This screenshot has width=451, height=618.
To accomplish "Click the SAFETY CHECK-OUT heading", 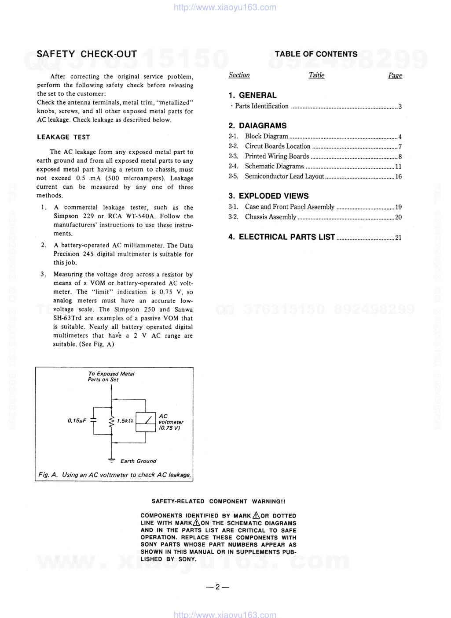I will tap(87, 54).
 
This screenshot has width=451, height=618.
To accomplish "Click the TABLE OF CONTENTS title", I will tap(316, 54).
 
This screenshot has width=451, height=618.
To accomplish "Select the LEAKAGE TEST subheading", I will tap(63, 137).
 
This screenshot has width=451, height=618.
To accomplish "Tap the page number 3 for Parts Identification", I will tap(400, 107).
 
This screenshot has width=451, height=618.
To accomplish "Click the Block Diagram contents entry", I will tap(266, 137).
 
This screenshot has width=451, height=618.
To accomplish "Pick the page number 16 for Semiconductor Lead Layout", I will tap(398, 177).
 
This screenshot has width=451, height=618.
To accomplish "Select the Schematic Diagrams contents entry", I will tap(274, 167).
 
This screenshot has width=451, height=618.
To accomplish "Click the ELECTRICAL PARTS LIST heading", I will tap(286, 237).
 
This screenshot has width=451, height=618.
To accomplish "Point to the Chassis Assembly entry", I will tap(270, 217).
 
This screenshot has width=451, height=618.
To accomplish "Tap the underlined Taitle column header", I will tap(316, 75).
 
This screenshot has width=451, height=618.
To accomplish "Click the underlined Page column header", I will tap(395, 75).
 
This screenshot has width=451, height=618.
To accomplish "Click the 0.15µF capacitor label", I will tap(77, 421).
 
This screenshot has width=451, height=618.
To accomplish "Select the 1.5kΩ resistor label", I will tap(125, 421).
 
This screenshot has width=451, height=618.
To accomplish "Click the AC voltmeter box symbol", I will tap(146, 421).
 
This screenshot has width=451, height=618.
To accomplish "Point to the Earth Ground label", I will tap(138, 461).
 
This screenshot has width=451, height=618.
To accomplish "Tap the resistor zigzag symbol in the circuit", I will tap(112, 421).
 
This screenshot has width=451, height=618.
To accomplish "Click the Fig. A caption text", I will tap(114, 475).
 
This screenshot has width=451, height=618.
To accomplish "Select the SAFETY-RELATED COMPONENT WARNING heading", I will tap(218, 502).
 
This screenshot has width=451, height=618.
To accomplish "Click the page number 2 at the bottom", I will tap(217, 587).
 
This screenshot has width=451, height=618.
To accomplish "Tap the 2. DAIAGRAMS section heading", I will tap(257, 126).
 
